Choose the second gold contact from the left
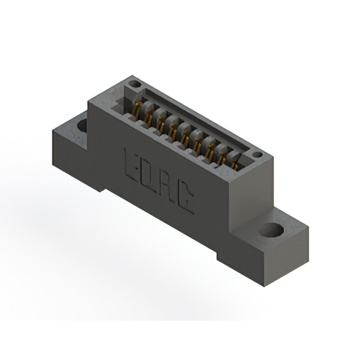pos(149,115)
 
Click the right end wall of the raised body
pos(247,194)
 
